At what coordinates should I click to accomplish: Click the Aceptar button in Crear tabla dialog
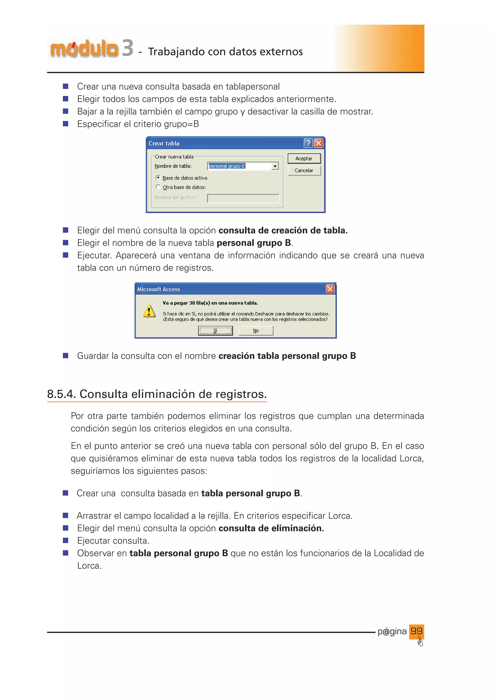tap(304, 159)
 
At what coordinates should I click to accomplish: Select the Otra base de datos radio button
tap(158, 187)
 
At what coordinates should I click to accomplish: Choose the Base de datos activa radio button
tap(158, 177)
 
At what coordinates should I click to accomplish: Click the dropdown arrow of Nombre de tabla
tap(275, 166)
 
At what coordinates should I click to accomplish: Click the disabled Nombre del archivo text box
tap(243, 198)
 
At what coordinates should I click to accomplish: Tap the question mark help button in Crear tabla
tap(308, 143)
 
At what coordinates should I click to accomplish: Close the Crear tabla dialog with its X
tap(319, 143)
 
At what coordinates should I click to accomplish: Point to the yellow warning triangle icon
tap(149, 311)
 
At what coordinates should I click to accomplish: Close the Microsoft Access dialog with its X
tap(330, 289)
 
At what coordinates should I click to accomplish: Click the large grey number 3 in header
tap(127, 48)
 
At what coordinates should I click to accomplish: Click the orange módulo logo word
tap(84, 49)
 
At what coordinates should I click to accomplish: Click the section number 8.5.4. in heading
tap(61, 394)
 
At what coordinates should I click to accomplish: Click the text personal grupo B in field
tap(227, 166)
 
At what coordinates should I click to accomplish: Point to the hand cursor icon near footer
tap(420, 642)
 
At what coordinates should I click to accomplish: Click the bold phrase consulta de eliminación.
tap(271, 528)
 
